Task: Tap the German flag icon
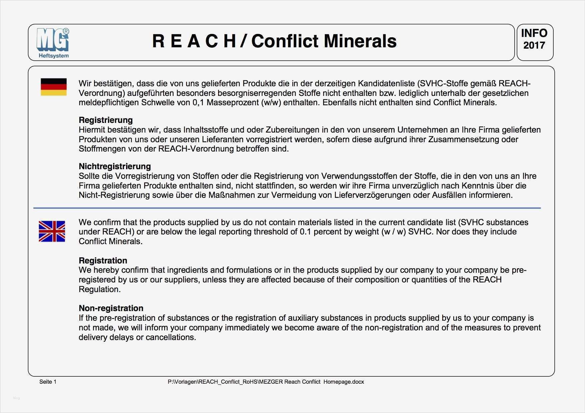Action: (x=53, y=87)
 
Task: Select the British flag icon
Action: (x=52, y=231)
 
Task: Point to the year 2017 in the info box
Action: (x=534, y=45)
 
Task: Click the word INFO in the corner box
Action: (x=534, y=33)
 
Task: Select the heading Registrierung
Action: (x=106, y=120)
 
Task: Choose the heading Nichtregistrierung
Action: (x=115, y=166)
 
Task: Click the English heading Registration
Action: (x=103, y=260)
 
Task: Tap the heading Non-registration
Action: (x=111, y=308)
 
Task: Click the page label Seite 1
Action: (x=48, y=382)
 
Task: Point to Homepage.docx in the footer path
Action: (x=344, y=382)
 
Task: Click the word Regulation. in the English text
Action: (x=99, y=289)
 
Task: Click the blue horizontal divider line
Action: (x=287, y=208)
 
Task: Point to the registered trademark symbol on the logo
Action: (x=66, y=31)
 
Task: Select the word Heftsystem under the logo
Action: (x=54, y=56)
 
